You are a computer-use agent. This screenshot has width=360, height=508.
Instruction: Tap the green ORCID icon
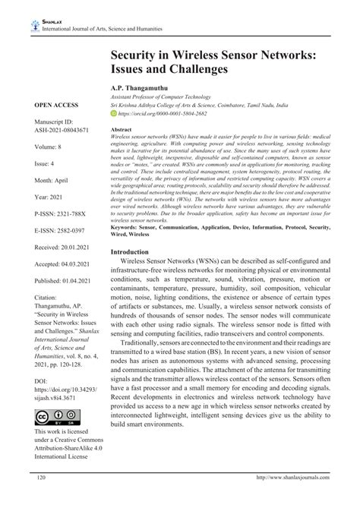tap(114, 113)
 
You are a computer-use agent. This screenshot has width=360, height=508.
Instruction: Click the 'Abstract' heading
tap(122, 131)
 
